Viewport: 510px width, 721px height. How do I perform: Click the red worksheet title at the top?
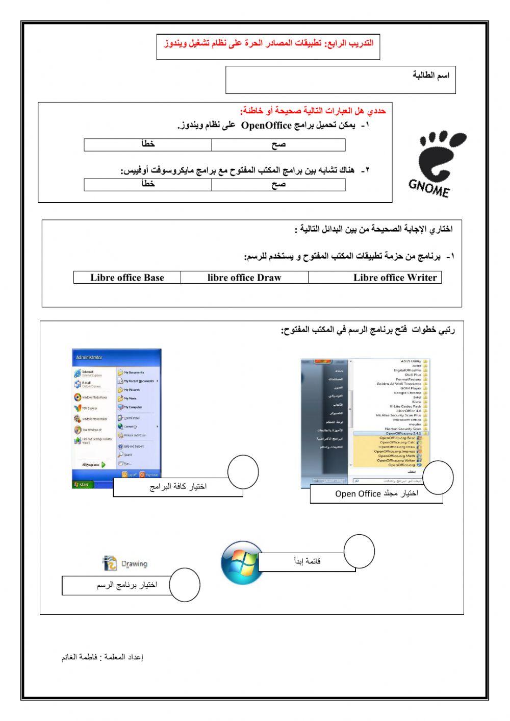(x=268, y=43)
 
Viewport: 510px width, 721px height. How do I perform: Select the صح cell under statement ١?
(x=278, y=145)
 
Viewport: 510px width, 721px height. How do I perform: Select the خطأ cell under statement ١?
(x=148, y=145)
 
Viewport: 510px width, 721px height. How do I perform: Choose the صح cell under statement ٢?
(x=278, y=184)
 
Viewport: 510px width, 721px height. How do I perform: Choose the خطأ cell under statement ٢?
(x=148, y=184)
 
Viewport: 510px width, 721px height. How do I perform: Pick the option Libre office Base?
(x=127, y=278)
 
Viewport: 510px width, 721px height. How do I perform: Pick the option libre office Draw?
(x=244, y=278)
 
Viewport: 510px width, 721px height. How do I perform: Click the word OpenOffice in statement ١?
(x=266, y=126)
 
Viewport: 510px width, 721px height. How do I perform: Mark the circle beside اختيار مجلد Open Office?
(x=438, y=478)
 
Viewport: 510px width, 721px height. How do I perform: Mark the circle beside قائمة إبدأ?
(x=359, y=551)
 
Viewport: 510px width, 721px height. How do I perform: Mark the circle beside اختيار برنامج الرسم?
(x=184, y=585)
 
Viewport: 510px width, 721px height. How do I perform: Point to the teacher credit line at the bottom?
(x=102, y=657)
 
